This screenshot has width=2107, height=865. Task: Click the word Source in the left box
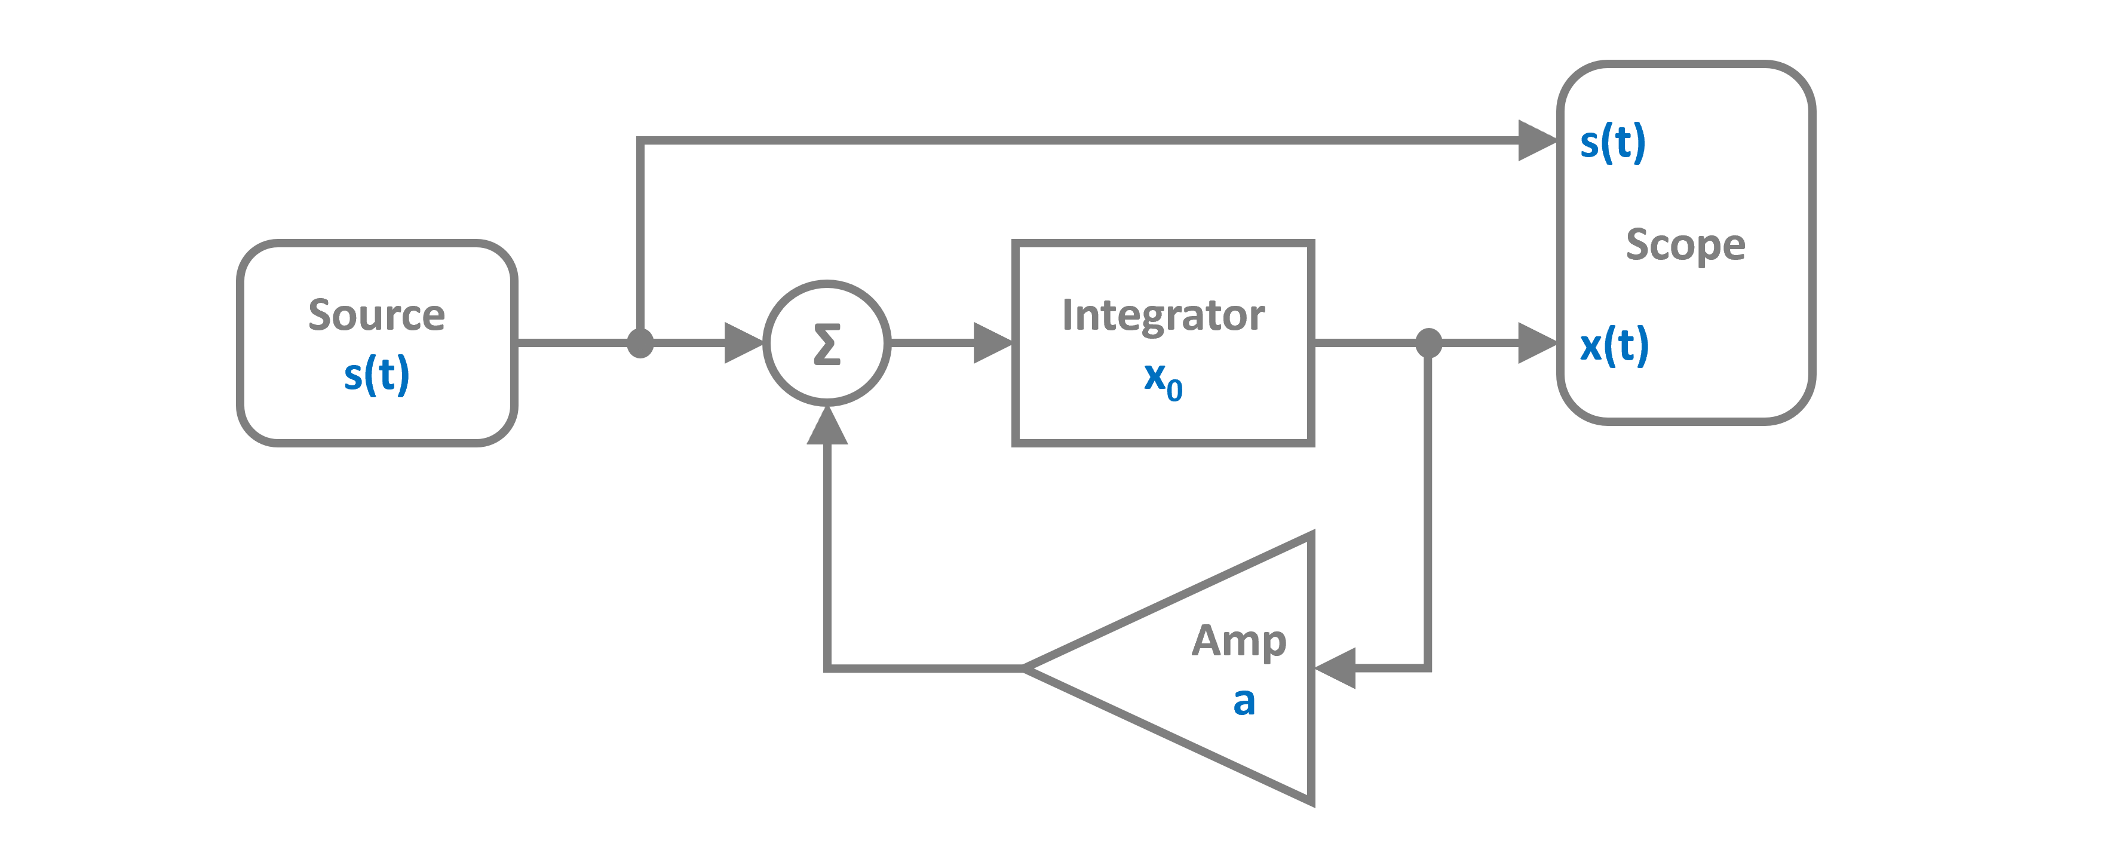[376, 315]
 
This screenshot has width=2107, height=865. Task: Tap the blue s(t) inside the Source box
[376, 375]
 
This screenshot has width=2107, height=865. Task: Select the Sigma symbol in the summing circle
[827, 343]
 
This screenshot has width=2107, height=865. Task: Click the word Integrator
[1163, 315]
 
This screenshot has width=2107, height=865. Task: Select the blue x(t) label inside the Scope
[1614, 345]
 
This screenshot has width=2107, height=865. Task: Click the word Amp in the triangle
[1238, 640]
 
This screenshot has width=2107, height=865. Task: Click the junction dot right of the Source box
[640, 343]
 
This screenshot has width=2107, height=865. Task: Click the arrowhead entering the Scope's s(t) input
[1536, 140]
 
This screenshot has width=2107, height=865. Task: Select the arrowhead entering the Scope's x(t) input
[1536, 343]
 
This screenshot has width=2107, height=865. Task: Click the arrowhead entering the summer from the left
[743, 343]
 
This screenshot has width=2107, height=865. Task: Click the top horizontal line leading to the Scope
[1063, 140]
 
